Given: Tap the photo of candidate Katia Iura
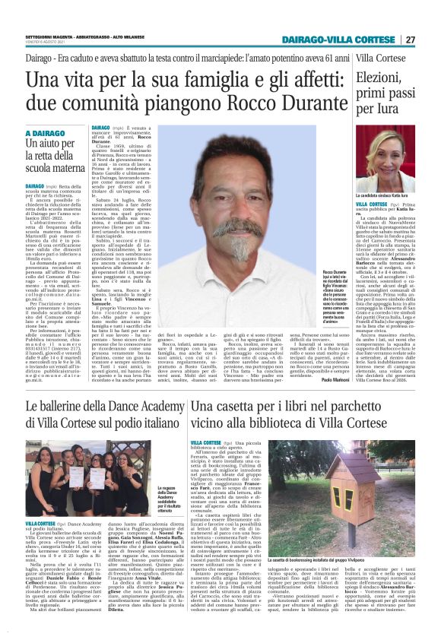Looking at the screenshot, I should pyautogui.click(x=383, y=156).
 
